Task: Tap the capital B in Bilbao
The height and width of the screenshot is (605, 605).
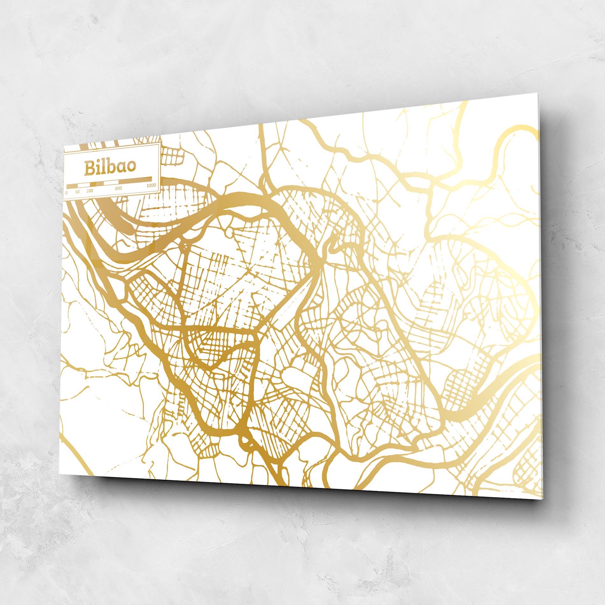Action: pos(90,168)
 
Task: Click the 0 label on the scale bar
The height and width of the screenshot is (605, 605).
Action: pos(67,192)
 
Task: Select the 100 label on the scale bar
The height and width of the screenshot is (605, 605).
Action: pos(89,191)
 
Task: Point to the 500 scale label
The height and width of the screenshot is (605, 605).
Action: pos(118,188)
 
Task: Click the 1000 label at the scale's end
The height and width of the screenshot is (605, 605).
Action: pos(151,185)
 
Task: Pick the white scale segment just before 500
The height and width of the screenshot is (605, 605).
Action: pos(111,182)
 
